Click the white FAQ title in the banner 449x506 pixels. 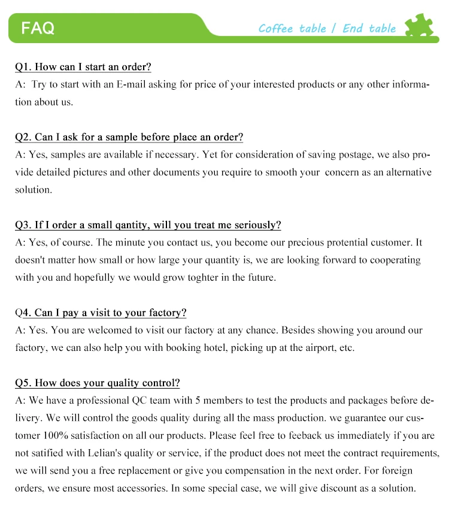click(38, 28)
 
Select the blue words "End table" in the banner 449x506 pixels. click(369, 28)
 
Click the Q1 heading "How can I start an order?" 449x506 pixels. click(83, 67)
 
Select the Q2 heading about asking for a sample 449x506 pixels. click(129, 137)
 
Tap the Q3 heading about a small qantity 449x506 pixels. click(148, 225)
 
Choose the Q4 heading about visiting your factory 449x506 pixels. click(101, 313)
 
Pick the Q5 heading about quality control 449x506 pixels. click(97, 383)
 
